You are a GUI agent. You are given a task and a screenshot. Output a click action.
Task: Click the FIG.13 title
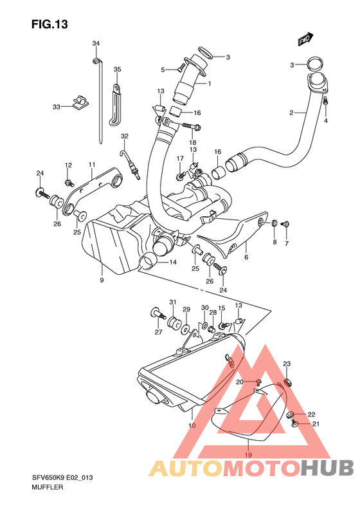[x=49, y=24]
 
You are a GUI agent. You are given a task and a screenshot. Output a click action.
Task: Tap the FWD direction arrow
[x=305, y=40]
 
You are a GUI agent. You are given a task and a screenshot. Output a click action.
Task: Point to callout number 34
[x=96, y=44]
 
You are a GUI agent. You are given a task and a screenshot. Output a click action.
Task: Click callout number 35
[x=117, y=69]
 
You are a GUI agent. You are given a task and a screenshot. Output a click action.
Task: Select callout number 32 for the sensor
[x=125, y=136]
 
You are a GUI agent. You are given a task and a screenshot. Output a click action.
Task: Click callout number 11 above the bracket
[x=92, y=165]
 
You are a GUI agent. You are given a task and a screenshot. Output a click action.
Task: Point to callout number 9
[x=102, y=280]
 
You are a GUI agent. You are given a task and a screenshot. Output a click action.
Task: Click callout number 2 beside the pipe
[x=291, y=113]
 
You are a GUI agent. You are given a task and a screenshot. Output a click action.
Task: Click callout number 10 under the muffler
[x=192, y=426]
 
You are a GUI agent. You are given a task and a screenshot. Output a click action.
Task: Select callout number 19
[x=248, y=455]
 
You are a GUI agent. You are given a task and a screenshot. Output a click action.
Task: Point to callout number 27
[x=158, y=333]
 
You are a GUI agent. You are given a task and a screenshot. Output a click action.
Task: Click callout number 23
[x=287, y=364]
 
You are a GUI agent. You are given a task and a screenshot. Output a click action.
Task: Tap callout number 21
[x=315, y=424]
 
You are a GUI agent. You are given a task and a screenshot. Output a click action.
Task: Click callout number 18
[x=192, y=142]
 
